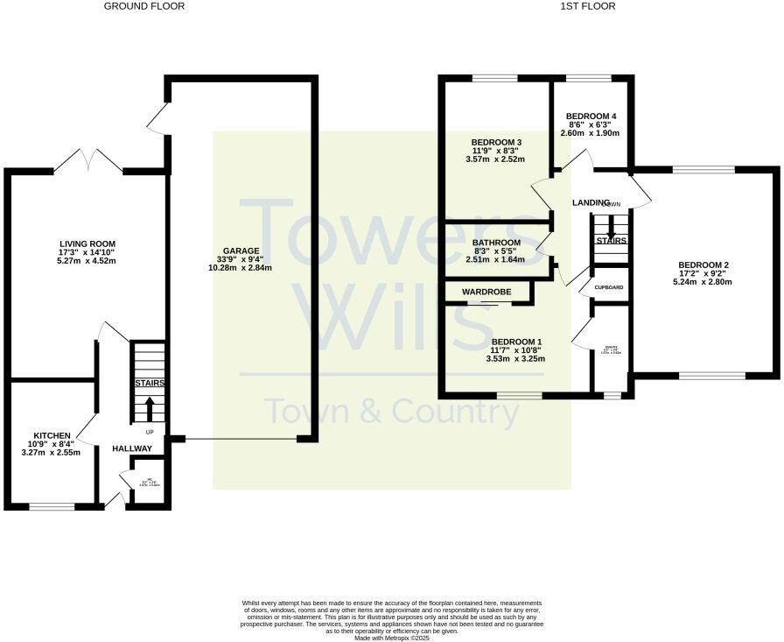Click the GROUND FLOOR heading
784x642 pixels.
pos(144,6)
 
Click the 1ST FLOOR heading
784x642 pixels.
pos(587,6)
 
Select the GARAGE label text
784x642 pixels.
pos(240,251)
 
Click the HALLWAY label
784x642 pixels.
pos(132,448)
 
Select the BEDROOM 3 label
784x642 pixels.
pos(496,143)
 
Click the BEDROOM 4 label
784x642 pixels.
pos(591,116)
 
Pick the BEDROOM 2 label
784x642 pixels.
pos(702,265)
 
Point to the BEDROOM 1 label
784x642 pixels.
pos(516,342)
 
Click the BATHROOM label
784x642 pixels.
pos(496,243)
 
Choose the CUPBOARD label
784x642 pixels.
pos(609,287)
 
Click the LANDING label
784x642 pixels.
pos(591,203)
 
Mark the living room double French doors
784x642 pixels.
pos(87,160)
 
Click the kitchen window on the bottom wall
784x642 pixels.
pos(52,505)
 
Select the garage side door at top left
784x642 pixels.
pos(159,120)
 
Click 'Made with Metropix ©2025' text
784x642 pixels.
pos(391,638)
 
